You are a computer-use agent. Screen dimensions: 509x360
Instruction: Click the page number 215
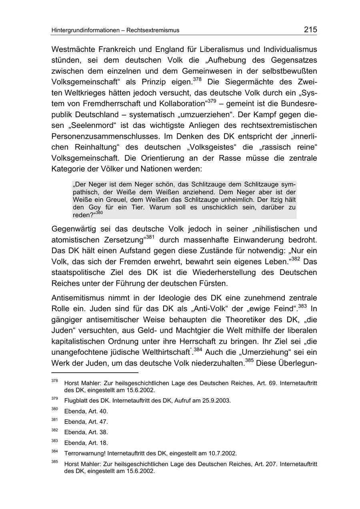(310, 29)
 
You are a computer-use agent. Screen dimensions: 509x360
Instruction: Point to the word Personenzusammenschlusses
(104, 136)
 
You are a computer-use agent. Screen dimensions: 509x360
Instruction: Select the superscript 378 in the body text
(197, 80)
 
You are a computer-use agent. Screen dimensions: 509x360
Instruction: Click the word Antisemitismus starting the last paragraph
(78, 298)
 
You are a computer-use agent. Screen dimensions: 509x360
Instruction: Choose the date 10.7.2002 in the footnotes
(222, 453)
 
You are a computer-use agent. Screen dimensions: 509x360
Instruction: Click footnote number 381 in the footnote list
(55, 420)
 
